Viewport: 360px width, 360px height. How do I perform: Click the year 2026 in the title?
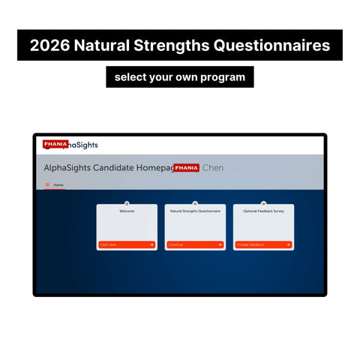pos(49,46)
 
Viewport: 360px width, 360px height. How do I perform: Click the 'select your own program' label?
pos(179,76)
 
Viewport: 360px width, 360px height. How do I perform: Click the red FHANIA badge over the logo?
pos(56,143)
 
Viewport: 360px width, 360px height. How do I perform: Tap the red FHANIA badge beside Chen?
pos(186,168)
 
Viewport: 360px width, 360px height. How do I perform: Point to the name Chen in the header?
pos(213,168)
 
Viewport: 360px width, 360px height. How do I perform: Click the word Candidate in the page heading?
pos(118,168)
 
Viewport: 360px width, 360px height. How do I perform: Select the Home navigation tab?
pos(58,184)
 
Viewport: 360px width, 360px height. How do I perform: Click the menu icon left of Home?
pos(48,184)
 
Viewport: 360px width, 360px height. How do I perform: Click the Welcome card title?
pos(127,211)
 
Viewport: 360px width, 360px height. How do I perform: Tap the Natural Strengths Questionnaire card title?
pos(195,211)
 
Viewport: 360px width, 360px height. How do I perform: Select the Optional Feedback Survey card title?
pos(263,211)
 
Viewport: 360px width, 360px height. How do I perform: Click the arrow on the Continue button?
pos(219,244)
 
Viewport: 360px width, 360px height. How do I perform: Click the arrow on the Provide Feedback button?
pos(287,244)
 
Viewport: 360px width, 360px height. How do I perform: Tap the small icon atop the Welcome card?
pos(127,203)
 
